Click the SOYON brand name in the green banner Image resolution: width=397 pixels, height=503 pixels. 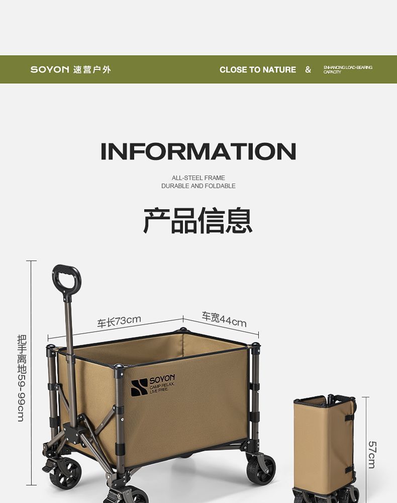(49, 69)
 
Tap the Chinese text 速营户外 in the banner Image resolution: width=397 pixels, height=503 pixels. (92, 69)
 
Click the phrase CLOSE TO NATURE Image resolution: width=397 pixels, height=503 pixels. (258, 70)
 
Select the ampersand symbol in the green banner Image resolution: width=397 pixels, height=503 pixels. (308, 69)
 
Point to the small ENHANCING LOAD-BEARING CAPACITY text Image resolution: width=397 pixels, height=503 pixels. (347, 69)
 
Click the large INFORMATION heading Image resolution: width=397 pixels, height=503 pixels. (198, 151)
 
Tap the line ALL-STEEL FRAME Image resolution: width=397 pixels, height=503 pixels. (198, 178)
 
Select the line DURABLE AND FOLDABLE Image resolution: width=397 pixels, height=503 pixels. (198, 186)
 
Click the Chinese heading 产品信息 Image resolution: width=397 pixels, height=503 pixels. (198, 220)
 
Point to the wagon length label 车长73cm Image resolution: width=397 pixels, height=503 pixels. (119, 321)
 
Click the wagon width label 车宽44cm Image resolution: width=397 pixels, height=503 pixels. (224, 319)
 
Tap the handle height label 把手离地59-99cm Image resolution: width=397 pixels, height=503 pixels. (21, 377)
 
